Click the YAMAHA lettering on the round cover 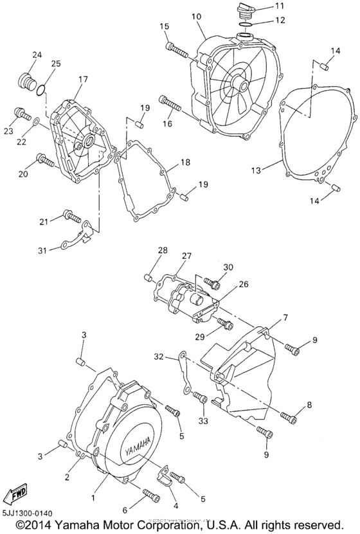click(x=130, y=446)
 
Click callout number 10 click(x=195, y=15)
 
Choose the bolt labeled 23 click(x=23, y=115)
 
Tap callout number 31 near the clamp click(x=42, y=250)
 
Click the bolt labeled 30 click(x=212, y=281)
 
